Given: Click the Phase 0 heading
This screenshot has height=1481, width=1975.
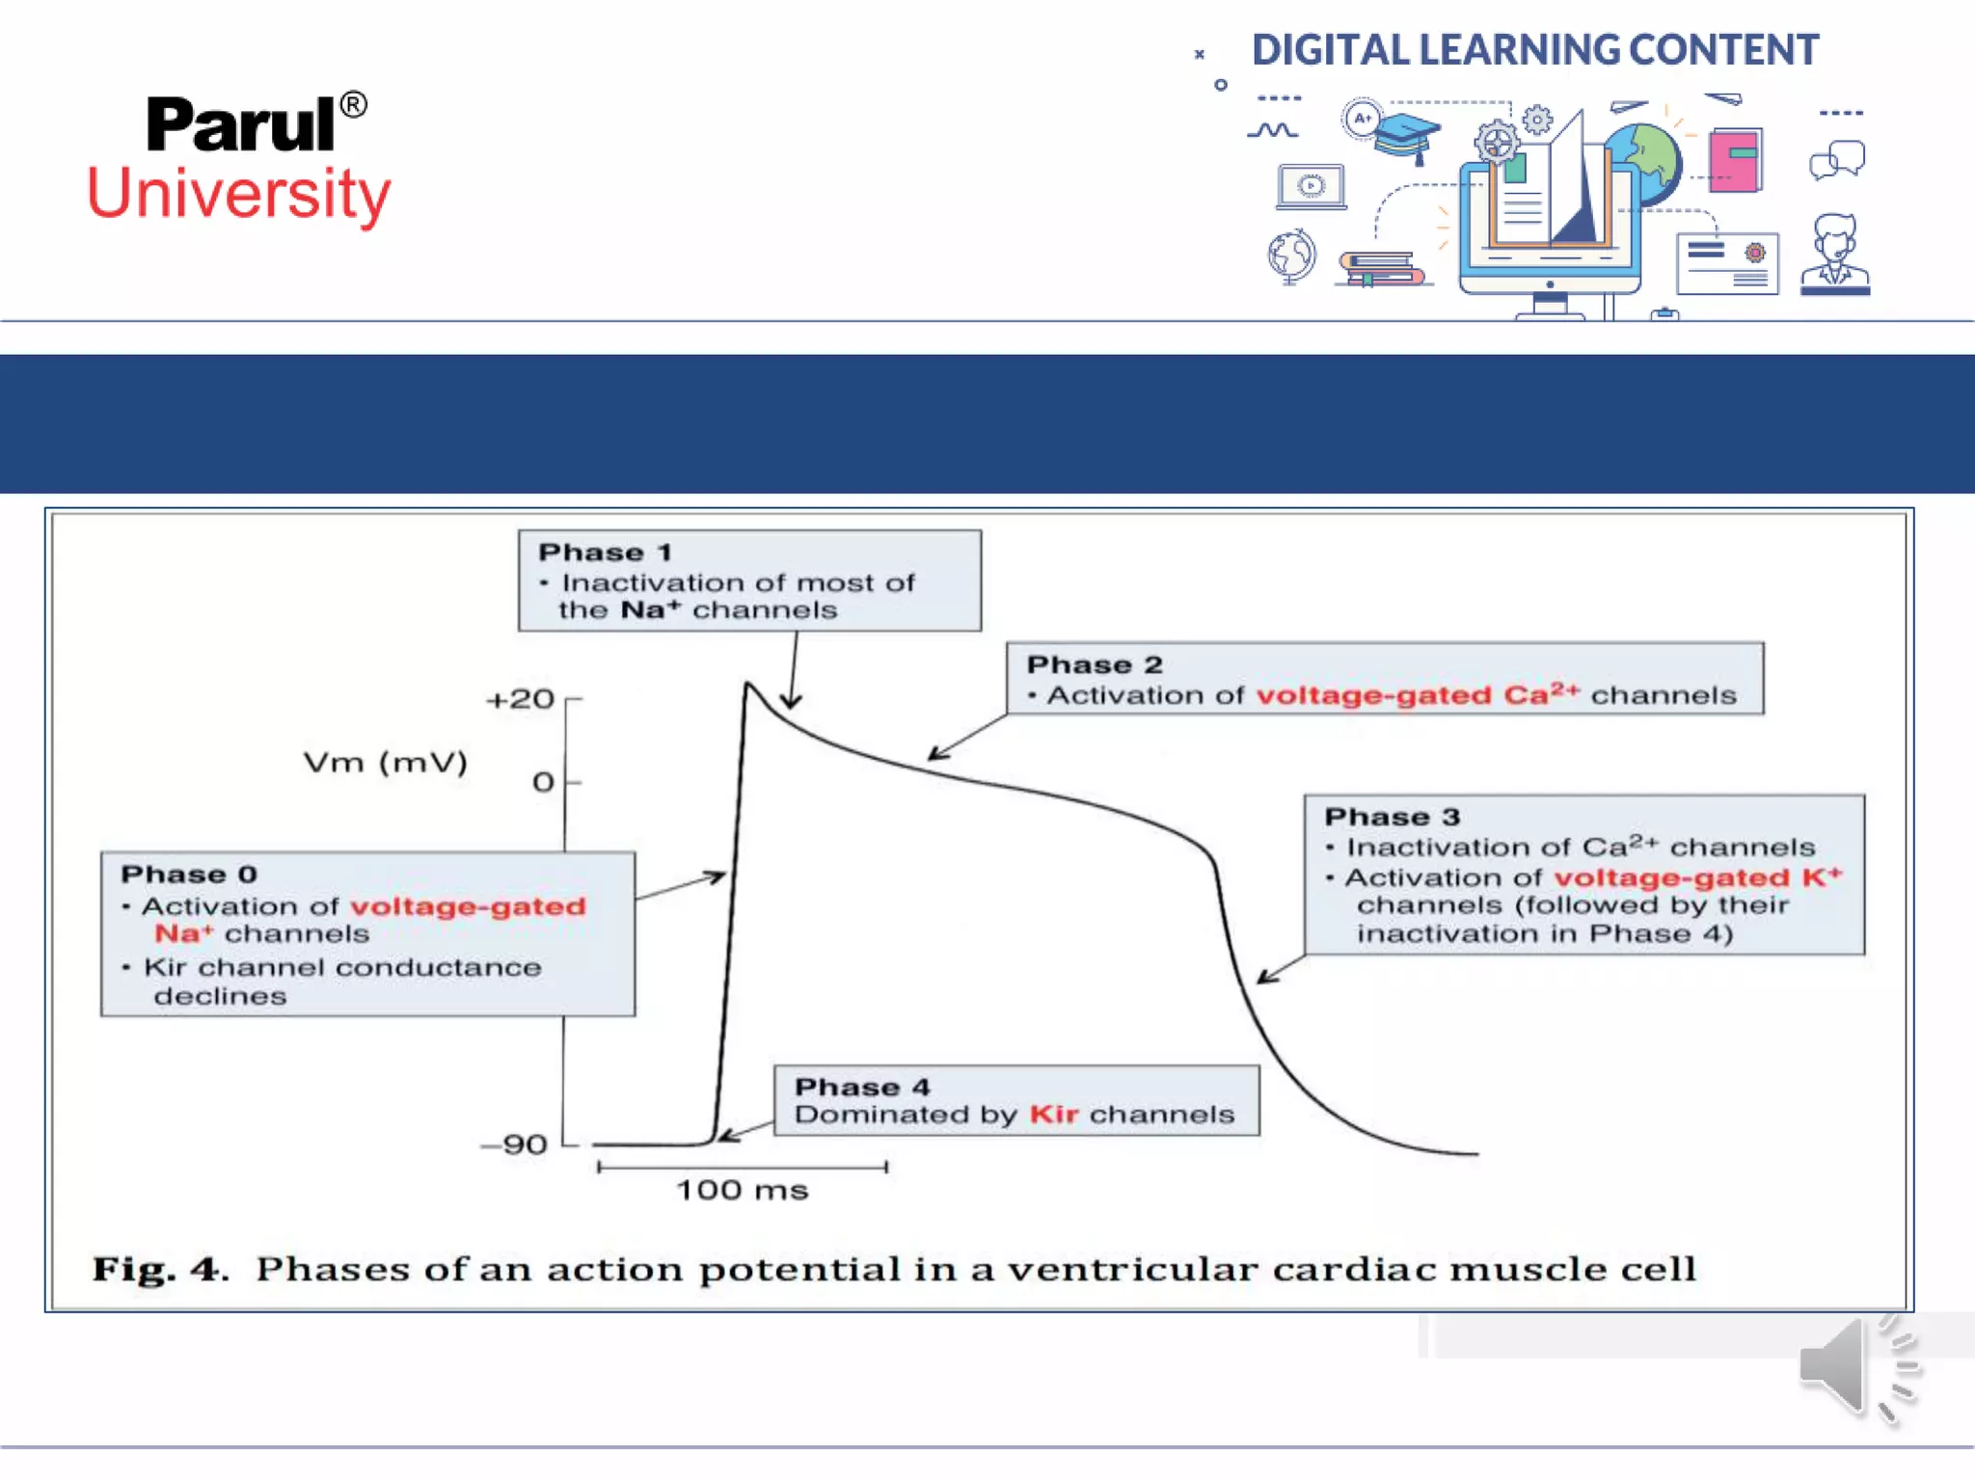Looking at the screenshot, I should (189, 875).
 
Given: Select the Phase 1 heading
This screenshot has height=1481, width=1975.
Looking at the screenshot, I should (605, 552).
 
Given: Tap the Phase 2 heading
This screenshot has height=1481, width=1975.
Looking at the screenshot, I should (1095, 665).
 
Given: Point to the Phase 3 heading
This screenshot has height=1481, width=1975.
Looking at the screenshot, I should (1393, 817).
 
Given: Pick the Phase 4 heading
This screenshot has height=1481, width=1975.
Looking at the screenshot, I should (862, 1087).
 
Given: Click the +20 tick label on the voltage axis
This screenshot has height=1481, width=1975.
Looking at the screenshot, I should (520, 699).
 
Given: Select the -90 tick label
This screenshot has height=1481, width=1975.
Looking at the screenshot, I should (515, 1144).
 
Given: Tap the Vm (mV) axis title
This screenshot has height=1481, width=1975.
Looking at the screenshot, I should (385, 763).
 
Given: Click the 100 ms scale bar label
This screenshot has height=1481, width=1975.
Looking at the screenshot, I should (742, 1190).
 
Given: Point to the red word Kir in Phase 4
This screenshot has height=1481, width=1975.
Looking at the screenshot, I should (1053, 1115).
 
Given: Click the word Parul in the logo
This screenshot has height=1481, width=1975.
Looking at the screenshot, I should (241, 125).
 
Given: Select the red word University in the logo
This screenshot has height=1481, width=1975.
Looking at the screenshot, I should (239, 194).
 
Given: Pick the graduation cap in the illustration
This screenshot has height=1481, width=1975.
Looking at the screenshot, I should (1407, 136).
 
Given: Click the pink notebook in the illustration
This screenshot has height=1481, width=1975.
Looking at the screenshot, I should (1735, 160).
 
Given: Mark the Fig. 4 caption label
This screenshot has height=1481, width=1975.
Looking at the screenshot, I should (159, 1269).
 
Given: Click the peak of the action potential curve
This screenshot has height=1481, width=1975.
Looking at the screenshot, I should (747, 685).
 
